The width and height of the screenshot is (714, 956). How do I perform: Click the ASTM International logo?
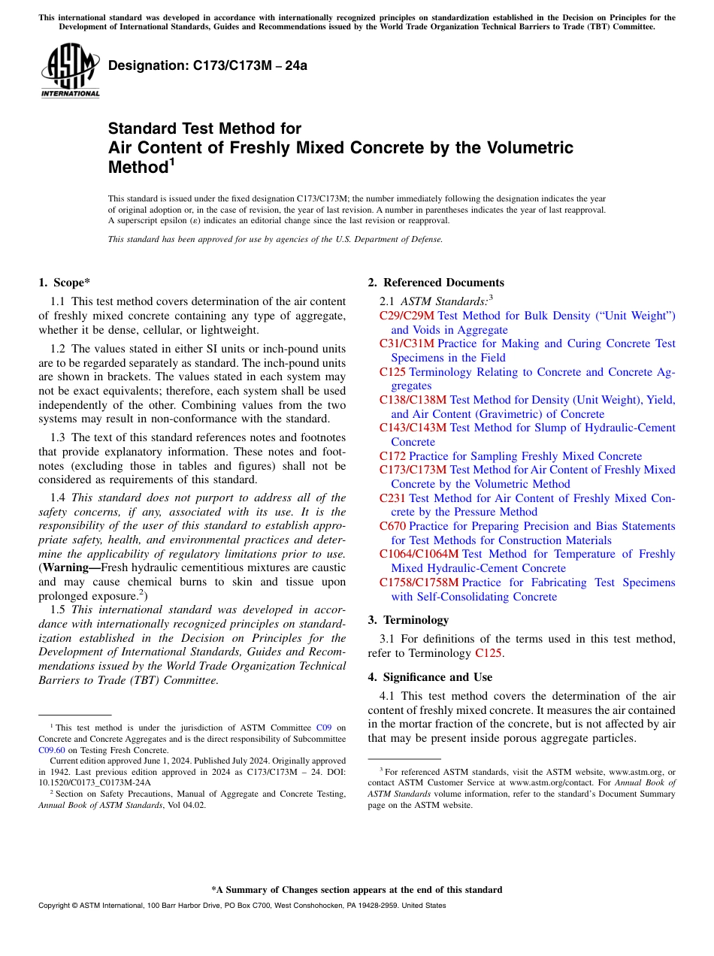(70, 71)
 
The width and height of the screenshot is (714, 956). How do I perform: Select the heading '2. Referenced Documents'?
(436, 283)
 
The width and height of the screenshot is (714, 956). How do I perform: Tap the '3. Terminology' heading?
(408, 620)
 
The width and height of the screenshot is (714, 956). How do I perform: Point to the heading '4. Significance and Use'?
(430, 677)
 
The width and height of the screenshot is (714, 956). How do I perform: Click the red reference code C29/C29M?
(407, 316)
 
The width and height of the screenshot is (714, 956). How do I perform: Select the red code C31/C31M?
(407, 343)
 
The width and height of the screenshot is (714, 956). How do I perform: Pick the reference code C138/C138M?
(413, 400)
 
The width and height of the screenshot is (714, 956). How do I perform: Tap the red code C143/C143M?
(413, 428)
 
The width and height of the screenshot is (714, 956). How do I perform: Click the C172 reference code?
(392, 456)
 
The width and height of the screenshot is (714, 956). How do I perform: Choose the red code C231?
(392, 498)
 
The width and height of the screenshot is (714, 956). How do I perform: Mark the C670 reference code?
(392, 526)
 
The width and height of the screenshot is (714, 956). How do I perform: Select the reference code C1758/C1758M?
(419, 582)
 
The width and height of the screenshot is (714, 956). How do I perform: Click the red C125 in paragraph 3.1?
(489, 653)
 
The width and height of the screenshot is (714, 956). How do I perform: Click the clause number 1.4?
(58, 498)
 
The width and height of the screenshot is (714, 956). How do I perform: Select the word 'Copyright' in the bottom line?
(56, 906)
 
